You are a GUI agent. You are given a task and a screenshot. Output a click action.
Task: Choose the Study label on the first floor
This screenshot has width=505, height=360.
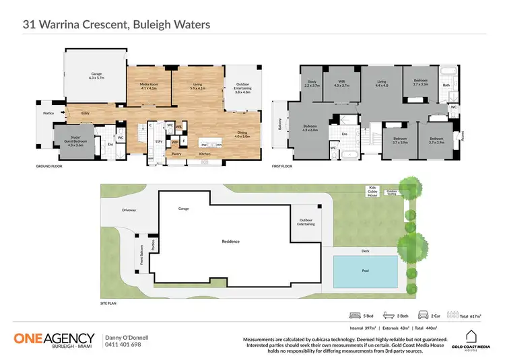311,83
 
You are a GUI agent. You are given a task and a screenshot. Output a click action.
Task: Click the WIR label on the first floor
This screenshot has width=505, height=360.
341,83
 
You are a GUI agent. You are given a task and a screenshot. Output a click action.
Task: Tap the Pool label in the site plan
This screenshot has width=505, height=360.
364,272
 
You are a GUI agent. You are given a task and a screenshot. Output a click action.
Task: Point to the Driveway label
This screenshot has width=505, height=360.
129,211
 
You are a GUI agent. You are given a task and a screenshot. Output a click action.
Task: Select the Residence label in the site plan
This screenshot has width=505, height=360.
230,242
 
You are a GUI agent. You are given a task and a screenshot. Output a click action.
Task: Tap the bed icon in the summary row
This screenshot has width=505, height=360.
355,314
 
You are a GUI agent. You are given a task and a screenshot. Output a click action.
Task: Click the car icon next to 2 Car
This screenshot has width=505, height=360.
424,314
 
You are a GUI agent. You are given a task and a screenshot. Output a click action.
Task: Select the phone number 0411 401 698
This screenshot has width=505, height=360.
123,345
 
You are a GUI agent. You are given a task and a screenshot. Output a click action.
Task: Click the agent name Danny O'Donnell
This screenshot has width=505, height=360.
127,336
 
